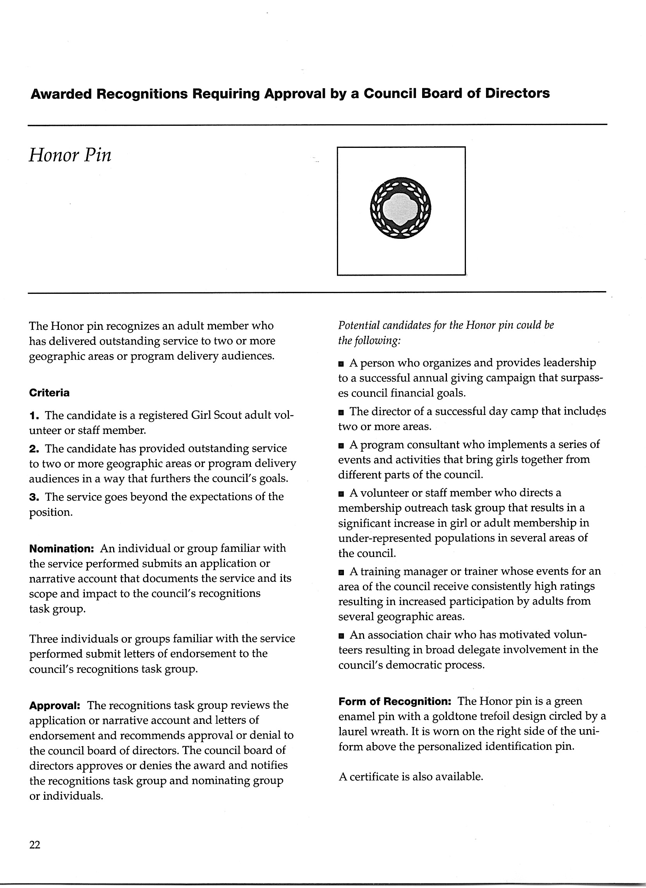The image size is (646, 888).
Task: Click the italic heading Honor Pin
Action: click(70, 156)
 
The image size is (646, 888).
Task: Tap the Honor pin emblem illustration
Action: click(400, 208)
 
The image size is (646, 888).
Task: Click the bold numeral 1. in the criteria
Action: click(34, 415)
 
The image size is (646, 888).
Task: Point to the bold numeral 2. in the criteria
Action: click(34, 448)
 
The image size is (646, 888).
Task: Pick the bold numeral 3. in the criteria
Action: click(34, 497)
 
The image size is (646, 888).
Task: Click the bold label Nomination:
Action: click(61, 548)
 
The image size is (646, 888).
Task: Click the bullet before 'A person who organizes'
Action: click(341, 364)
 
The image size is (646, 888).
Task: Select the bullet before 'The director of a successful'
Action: click(341, 412)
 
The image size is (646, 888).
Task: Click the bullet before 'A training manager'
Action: click(341, 573)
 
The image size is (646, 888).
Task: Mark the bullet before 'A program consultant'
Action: click(341, 446)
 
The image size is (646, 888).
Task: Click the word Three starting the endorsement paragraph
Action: click(44, 639)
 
